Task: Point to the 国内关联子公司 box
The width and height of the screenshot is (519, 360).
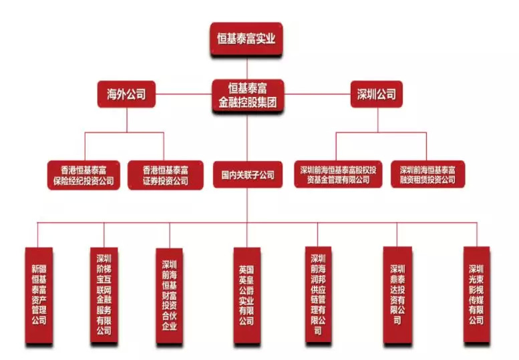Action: pyautogui.click(x=248, y=176)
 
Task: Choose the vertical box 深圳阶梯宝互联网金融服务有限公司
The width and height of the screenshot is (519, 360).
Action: pyautogui.click(x=104, y=295)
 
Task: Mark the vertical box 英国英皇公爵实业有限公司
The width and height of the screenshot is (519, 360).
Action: pyautogui.click(x=246, y=295)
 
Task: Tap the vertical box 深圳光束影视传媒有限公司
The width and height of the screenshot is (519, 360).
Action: pyautogui.click(x=476, y=295)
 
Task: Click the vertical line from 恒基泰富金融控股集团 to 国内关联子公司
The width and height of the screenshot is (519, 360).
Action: pyautogui.click(x=247, y=137)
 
